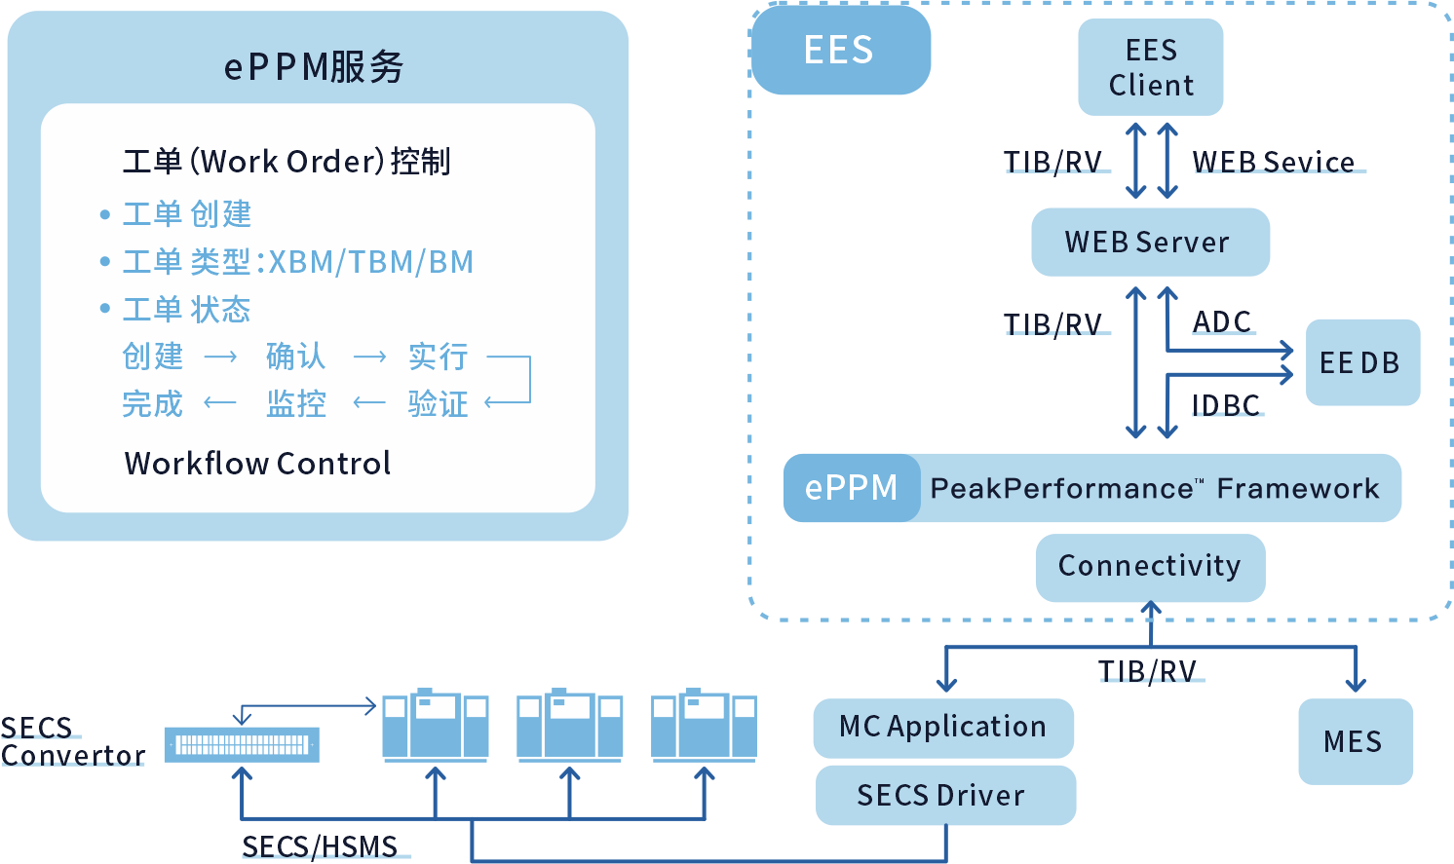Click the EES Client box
point(1150,67)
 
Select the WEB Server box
point(1150,242)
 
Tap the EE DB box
point(1361,362)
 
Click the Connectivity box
point(1150,566)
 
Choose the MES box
point(1355,741)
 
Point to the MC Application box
point(942,727)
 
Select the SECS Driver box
point(942,795)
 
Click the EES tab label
point(839,51)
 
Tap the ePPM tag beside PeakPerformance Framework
point(851,487)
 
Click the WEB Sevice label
point(1274,162)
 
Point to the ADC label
point(1222,321)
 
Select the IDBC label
point(1226,405)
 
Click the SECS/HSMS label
point(320,845)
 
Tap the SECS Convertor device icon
point(241,745)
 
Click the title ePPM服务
point(314,66)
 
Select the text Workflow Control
point(257,463)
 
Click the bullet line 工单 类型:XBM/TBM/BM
point(297,262)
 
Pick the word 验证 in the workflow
point(438,403)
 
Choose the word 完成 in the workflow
point(152,403)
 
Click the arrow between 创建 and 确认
point(220,357)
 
